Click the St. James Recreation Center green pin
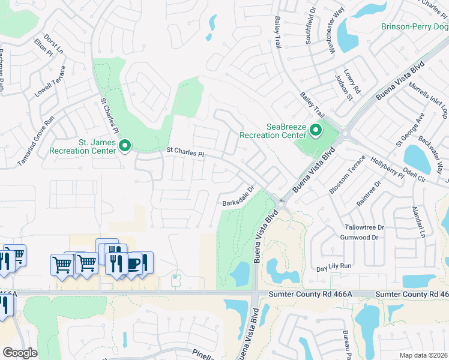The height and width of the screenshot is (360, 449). [125, 145]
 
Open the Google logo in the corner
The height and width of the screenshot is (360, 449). [20, 353]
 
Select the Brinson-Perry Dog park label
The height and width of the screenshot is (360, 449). [414, 26]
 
